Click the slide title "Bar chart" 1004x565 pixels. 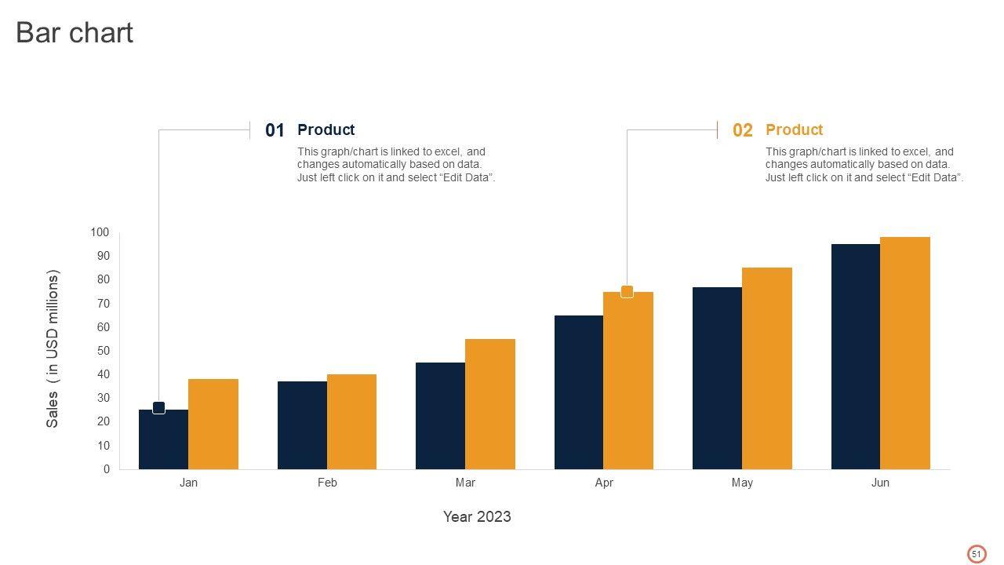pos(75,33)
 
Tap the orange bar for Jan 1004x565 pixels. pos(213,425)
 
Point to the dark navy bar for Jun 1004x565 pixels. pos(856,357)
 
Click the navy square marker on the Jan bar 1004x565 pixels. pos(158,408)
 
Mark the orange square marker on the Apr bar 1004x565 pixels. pos(627,292)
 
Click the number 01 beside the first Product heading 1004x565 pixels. pos(275,131)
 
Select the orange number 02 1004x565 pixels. pos(742,131)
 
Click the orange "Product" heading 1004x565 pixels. pos(794,130)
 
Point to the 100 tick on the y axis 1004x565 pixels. pos(100,232)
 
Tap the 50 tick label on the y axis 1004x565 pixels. pos(103,351)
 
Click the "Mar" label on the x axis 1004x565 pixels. pos(465,483)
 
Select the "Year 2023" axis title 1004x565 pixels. pos(477,516)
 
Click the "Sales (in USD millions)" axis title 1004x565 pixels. pos(53,349)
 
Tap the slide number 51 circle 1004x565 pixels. pos(977,554)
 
